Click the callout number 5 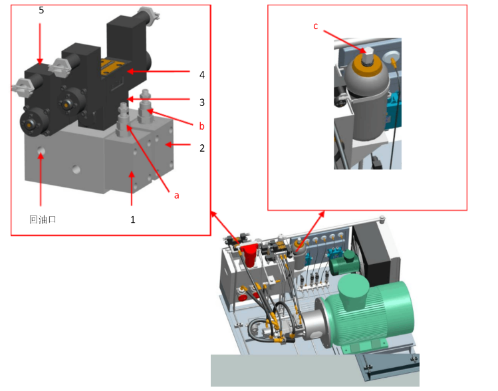(x=41, y=10)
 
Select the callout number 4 (x=202, y=75)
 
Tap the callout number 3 (x=202, y=102)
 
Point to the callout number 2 (x=202, y=148)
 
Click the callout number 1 (x=133, y=219)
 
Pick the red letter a (x=177, y=195)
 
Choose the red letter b (x=201, y=126)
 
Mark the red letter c (x=315, y=26)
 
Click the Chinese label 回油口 (x=43, y=219)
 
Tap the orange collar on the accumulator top (x=367, y=67)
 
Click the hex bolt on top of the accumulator (x=368, y=56)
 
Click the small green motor (x=344, y=263)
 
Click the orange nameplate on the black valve (x=112, y=68)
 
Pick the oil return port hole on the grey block (x=41, y=151)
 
